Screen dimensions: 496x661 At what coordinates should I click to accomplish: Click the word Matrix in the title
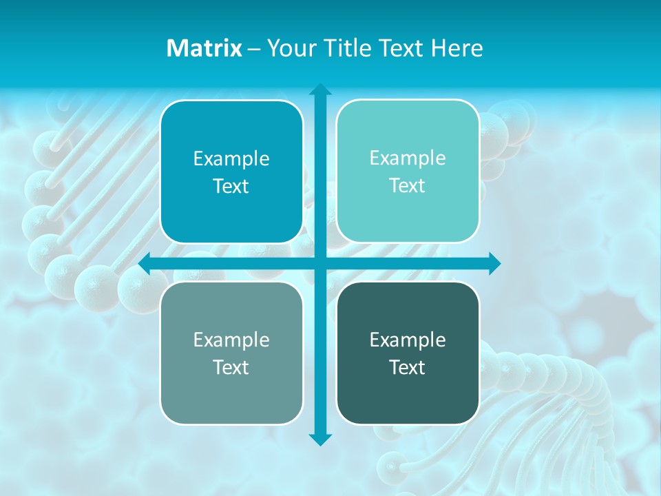(204, 48)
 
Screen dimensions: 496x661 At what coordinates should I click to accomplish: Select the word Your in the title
(288, 48)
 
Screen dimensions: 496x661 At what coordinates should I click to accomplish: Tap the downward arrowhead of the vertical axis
(320, 439)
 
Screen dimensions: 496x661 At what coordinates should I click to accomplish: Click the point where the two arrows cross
(320, 263)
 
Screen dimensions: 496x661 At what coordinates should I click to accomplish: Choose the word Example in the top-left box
(231, 158)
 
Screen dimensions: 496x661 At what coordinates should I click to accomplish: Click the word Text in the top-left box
(231, 186)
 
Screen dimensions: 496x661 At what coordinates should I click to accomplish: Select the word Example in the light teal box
(408, 158)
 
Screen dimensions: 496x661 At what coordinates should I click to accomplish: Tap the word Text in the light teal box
(408, 185)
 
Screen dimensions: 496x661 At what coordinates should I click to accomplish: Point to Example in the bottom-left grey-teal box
(231, 340)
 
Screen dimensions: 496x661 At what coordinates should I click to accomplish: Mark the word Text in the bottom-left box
(231, 367)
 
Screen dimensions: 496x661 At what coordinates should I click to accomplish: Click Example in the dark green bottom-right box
(408, 340)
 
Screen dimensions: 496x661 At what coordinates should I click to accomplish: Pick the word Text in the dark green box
(408, 367)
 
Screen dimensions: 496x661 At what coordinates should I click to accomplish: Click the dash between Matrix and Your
(253, 49)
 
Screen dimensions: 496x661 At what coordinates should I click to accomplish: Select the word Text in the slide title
(399, 48)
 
